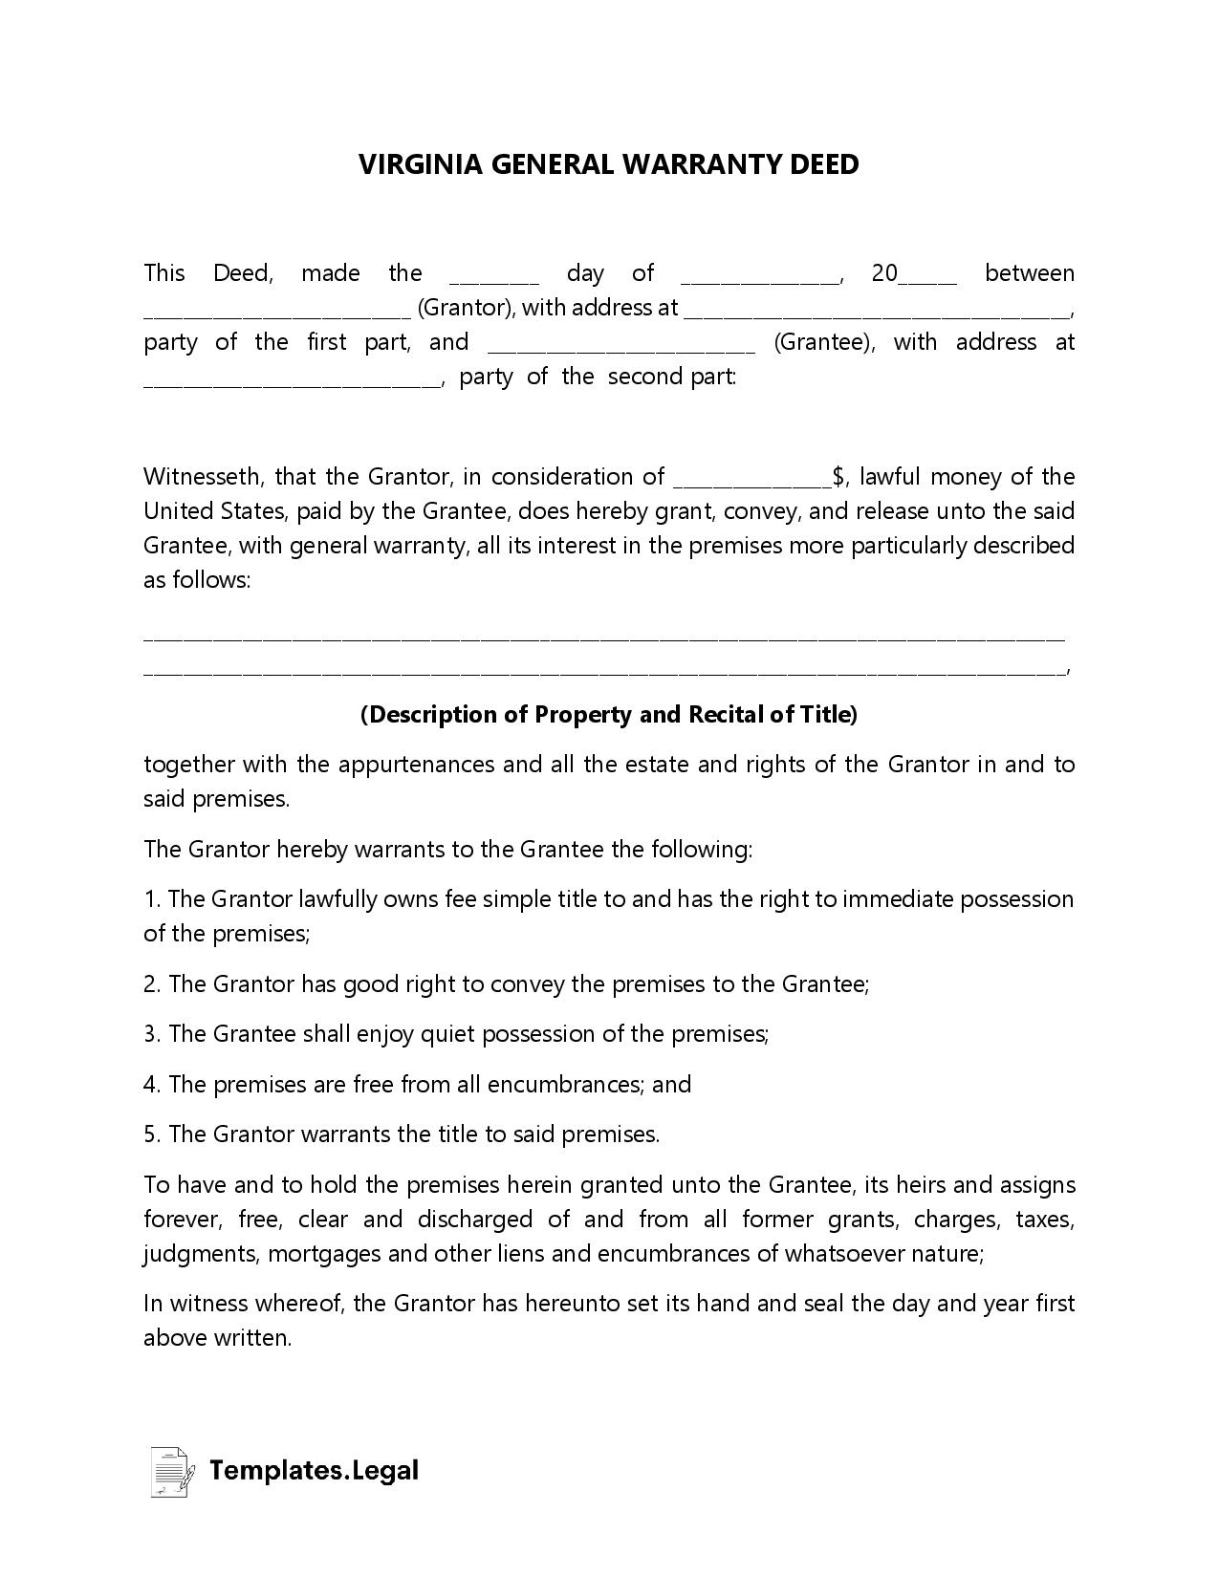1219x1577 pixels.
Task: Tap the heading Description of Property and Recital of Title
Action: click(x=609, y=715)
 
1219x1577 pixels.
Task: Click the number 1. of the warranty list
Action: click(x=152, y=899)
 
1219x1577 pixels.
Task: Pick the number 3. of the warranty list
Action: click(x=152, y=1034)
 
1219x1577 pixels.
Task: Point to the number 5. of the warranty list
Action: click(x=152, y=1134)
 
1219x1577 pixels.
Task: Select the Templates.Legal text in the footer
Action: click(x=314, y=1470)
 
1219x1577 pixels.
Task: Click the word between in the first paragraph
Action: click(x=1029, y=273)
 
